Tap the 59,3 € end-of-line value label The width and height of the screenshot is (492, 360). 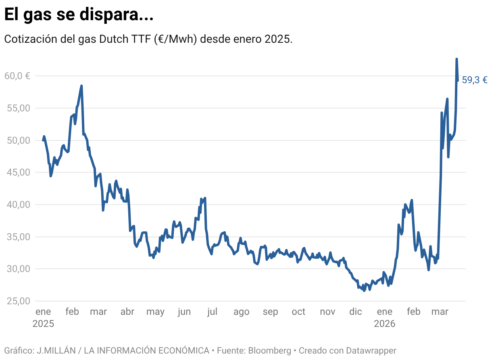474,80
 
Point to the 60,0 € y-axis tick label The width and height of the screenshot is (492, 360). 17,76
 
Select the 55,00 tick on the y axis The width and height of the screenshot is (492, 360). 17,108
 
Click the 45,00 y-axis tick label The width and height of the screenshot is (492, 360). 17,172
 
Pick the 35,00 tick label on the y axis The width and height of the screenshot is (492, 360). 17,237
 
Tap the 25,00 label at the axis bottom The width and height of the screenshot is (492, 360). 17,301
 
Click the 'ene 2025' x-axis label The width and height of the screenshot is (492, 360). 43,317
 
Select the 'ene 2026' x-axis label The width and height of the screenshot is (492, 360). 384,317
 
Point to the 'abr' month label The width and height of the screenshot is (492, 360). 127,312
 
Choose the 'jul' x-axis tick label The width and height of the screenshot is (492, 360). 212,312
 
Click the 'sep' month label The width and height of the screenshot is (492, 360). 270,312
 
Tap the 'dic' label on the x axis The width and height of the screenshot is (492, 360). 356,312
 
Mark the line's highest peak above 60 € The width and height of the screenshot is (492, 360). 457,59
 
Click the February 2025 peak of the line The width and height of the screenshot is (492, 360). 81,86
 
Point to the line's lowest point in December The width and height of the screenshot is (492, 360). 364,291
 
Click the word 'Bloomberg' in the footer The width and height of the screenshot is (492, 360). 269,350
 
